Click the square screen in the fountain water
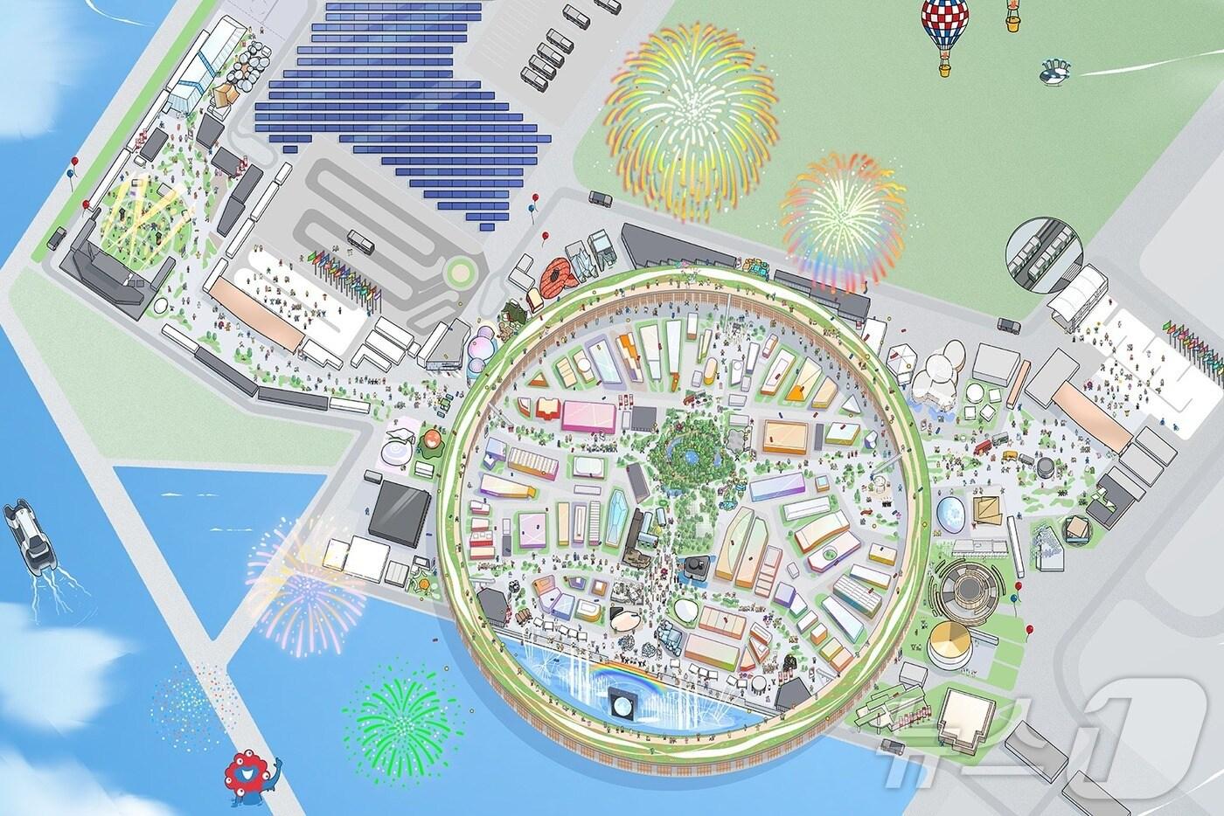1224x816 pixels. click(x=622, y=702)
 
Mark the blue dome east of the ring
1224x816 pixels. click(x=952, y=515)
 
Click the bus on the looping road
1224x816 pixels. click(x=360, y=241)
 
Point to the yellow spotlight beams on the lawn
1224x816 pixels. click(x=144, y=214)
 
